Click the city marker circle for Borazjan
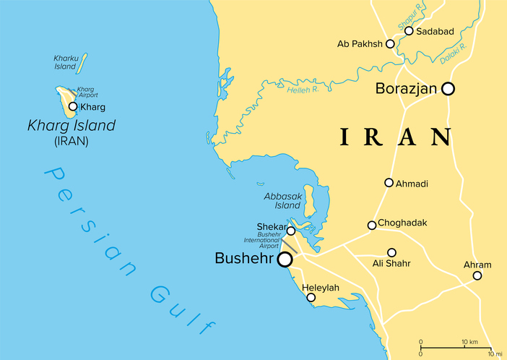[x=448, y=89]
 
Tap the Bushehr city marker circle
[x=285, y=259]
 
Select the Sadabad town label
[x=435, y=30]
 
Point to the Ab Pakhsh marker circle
[x=391, y=44]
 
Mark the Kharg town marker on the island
[x=72, y=107]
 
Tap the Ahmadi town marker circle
[x=389, y=183]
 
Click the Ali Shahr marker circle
[x=391, y=252]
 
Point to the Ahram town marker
[x=477, y=275]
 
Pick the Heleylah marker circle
[x=311, y=297]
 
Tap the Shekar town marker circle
[x=291, y=231]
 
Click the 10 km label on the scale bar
[x=469, y=340]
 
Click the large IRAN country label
[x=396, y=136]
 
